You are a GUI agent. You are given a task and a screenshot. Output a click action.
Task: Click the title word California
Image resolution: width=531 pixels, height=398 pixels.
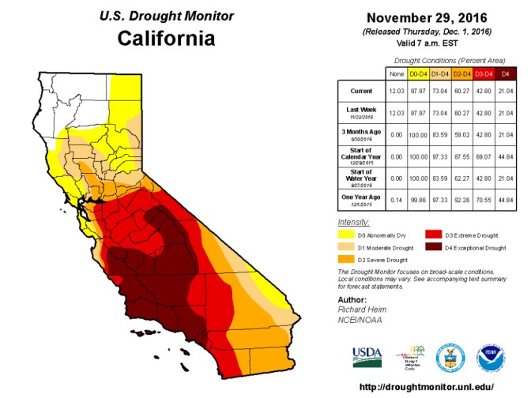tap(165, 38)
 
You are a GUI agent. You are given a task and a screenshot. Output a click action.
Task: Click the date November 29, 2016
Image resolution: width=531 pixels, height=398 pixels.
tap(428, 17)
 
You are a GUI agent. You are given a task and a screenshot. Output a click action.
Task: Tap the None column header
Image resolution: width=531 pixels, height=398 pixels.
tap(397, 73)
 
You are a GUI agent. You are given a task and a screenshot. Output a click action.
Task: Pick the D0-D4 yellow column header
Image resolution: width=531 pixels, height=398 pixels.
tap(419, 73)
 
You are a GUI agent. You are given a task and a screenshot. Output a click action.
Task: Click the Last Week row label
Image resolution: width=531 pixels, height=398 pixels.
tap(360, 111)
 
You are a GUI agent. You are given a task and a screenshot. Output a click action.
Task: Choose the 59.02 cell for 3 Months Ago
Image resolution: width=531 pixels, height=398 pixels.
tap(461, 133)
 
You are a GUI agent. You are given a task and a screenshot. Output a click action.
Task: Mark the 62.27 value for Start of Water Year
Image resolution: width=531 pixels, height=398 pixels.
tap(461, 176)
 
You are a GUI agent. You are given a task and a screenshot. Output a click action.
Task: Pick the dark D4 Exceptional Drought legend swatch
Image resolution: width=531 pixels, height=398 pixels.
tap(434, 247)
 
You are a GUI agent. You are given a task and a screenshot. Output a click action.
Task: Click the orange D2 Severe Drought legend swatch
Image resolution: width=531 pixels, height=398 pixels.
tap(346, 260)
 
